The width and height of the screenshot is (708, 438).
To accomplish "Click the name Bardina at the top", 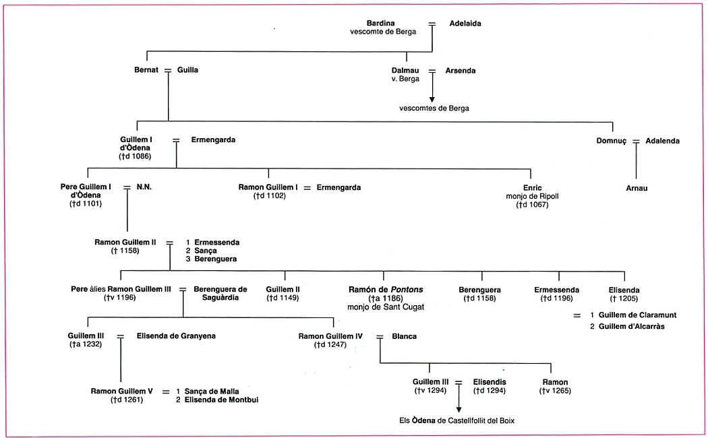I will [x=380, y=23].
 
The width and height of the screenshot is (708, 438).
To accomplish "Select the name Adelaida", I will [x=465, y=23].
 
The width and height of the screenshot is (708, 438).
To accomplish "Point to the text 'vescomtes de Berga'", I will [x=434, y=108].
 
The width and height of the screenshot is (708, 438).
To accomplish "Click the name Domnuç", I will [x=612, y=141].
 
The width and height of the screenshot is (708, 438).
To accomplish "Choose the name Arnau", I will [x=636, y=188].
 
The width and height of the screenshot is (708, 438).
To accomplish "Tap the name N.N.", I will [x=144, y=187].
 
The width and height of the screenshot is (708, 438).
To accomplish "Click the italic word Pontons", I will [x=404, y=289].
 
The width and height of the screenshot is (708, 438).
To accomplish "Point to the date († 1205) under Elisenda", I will [x=624, y=298].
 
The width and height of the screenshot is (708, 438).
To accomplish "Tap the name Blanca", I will [x=404, y=336].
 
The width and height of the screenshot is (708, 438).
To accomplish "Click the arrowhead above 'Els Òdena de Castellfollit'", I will [x=459, y=408].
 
